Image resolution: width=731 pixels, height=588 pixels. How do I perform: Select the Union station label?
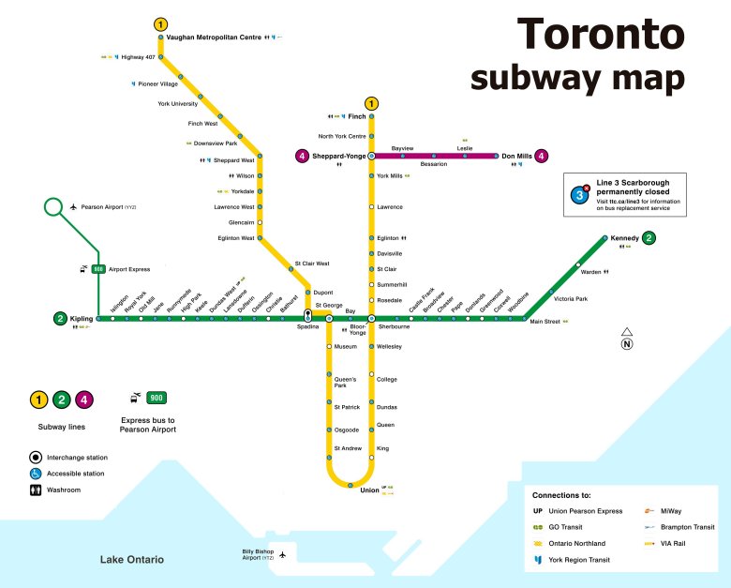coord(369,490)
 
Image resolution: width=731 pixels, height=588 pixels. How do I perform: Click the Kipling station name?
coord(82,319)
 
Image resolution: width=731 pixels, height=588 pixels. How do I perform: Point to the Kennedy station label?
coord(624,238)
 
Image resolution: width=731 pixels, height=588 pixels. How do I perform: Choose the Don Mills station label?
coord(516,157)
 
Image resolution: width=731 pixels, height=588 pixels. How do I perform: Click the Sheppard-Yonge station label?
coord(338,157)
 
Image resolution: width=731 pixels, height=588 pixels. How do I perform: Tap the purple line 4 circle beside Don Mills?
coord(542,157)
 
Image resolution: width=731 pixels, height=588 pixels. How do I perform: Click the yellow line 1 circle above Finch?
coord(372,103)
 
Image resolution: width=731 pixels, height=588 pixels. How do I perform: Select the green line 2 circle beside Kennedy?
coord(649,238)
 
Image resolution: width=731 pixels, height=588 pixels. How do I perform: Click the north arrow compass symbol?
coord(627,339)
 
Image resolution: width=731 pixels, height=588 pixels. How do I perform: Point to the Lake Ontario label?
coord(132,560)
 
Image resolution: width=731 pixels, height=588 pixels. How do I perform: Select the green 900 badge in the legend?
coord(157,399)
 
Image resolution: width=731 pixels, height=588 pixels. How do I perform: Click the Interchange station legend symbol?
coord(36,458)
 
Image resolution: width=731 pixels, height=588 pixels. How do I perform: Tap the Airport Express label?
coord(129,269)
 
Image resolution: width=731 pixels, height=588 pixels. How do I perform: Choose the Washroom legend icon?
coord(36,490)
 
